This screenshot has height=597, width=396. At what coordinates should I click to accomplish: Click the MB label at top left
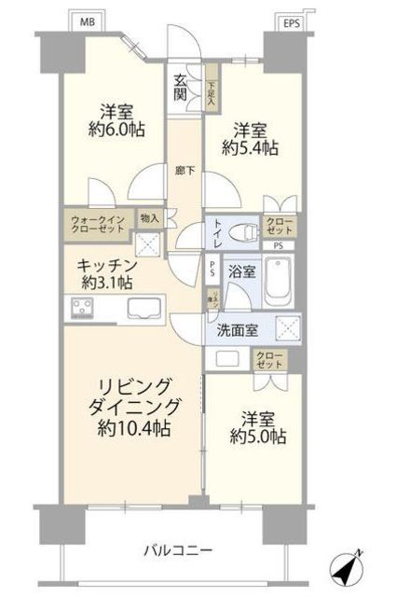pos(86,20)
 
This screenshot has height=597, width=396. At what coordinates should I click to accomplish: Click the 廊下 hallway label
pos(184,171)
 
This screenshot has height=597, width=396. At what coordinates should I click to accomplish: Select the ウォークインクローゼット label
pos(98,224)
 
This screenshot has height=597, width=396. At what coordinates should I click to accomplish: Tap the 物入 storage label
pos(149,218)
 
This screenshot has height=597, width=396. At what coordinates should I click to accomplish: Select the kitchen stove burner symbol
pos(81,309)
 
